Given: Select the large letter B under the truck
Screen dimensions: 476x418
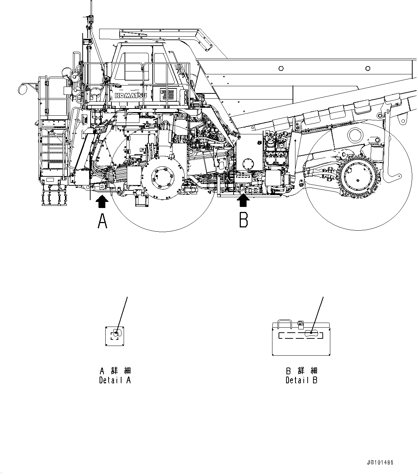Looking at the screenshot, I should pyautogui.click(x=244, y=219).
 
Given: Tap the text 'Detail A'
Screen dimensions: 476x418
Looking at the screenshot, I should pyautogui.click(x=115, y=380).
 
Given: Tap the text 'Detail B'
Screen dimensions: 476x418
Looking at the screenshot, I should pyautogui.click(x=302, y=380).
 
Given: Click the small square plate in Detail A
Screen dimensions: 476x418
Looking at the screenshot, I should pyautogui.click(x=115, y=336).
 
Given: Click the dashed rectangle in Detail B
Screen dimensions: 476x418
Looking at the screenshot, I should pyautogui.click(x=301, y=335).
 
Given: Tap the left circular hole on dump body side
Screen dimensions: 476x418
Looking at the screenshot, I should pyautogui.click(x=281, y=68).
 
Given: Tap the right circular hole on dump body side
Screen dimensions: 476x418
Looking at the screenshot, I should pyautogui.click(x=368, y=68).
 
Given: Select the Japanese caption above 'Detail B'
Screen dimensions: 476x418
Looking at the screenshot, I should pyautogui.click(x=302, y=371).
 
